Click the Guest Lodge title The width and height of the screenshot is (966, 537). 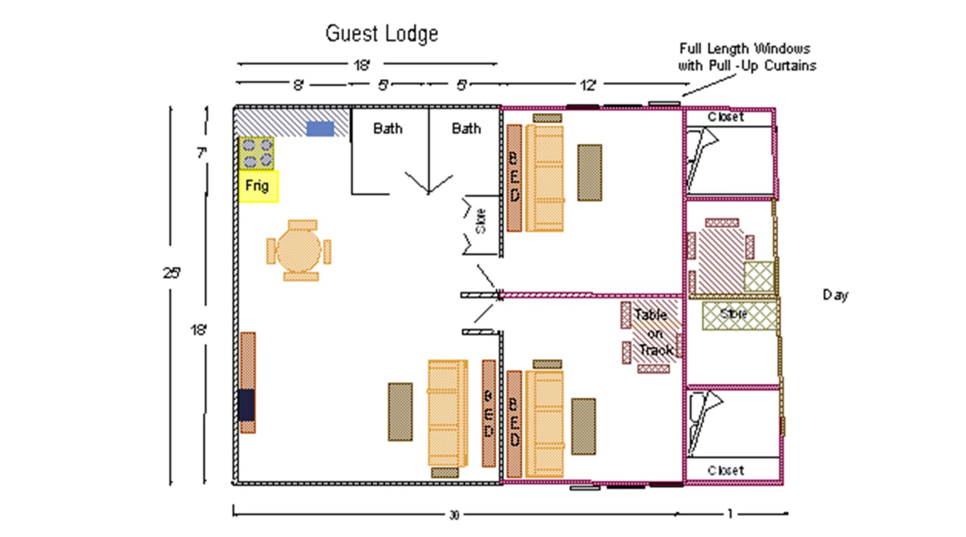382,34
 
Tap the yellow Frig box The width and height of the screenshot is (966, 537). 258,186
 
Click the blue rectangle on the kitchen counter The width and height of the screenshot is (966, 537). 320,129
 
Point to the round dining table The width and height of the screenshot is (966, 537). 299,250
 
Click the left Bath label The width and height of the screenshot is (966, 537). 388,128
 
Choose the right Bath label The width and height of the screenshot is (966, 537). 466,128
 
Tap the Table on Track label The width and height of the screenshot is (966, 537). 653,333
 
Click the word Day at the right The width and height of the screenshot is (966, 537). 835,295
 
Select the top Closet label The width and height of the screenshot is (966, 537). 725,117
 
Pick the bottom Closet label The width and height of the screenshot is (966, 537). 725,470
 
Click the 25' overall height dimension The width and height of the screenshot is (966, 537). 172,273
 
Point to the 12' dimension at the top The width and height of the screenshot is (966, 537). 588,85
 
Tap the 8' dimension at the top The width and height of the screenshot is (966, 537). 299,85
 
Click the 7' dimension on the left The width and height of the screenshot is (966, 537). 201,153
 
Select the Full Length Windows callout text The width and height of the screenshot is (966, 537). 747,57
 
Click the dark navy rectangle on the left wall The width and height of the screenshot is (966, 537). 246,405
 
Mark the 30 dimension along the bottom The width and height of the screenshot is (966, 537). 454,515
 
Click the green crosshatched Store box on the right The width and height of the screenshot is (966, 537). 739,315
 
